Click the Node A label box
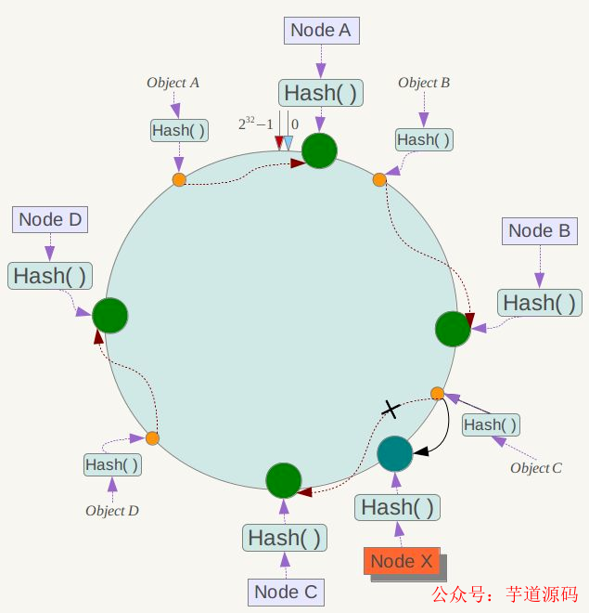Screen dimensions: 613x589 (320, 30)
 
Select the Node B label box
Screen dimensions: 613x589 (539, 231)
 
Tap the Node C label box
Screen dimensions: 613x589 (286, 592)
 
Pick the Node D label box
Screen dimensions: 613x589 (50, 220)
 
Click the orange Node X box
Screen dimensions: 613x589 (402, 561)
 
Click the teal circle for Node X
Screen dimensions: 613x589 (394, 453)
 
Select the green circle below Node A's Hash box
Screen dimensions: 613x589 (320, 150)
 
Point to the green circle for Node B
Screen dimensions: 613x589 (453, 329)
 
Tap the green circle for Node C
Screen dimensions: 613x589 (283, 480)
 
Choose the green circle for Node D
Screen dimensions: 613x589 (109, 316)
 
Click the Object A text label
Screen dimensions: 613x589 (173, 83)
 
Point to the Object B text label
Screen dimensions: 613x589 (424, 83)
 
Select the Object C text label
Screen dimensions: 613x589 (536, 468)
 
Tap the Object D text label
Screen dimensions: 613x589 (112, 511)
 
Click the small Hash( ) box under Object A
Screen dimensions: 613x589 (178, 130)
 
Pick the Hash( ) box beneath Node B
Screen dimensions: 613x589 (540, 303)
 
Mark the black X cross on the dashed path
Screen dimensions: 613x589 (391, 409)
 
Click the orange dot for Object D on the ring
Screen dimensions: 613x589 (152, 437)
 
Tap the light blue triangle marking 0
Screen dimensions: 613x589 (288, 143)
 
